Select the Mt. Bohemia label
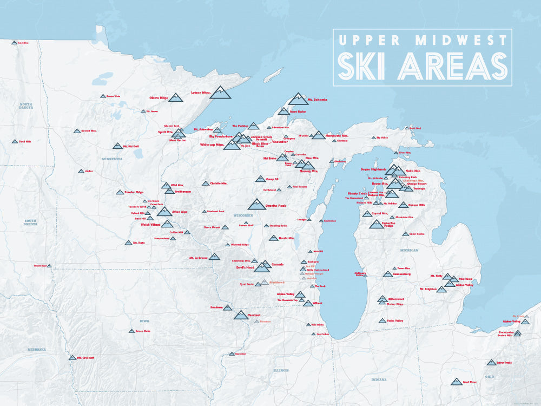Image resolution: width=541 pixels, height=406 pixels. pyautogui.click(x=318, y=100)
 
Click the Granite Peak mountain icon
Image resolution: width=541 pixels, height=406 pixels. pyautogui.click(x=257, y=204)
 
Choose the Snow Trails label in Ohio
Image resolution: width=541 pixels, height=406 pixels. pyautogui.click(x=504, y=362)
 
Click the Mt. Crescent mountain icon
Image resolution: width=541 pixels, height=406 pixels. pyautogui.click(x=72, y=358)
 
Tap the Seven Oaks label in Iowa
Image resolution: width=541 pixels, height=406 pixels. pyautogui.click(x=143, y=331)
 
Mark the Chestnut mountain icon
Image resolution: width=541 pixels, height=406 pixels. pyautogui.click(x=241, y=315)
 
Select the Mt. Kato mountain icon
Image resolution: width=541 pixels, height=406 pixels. pyautogui.click(x=128, y=243)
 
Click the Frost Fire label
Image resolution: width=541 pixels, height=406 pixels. pyautogui.click(x=23, y=42)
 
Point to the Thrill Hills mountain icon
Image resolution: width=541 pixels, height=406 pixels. pyautogui.click(x=15, y=141)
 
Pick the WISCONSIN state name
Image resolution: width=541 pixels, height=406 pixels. pyautogui.click(x=243, y=215)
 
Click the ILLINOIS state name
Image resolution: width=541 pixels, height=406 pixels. pyautogui.click(x=281, y=370)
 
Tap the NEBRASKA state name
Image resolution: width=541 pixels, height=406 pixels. pyautogui.click(x=36, y=349)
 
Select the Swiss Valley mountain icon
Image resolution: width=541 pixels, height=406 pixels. pyautogui.click(x=382, y=321)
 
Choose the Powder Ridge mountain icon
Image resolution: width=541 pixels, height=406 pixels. pyautogui.click(x=120, y=192)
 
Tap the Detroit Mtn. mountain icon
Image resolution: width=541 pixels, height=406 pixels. pyautogui.click(x=77, y=131)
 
